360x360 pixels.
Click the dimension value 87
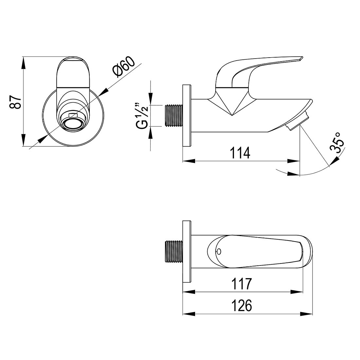[15, 102]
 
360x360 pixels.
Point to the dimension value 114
[240, 153]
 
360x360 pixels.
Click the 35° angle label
[337, 142]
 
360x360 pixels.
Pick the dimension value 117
[242, 284]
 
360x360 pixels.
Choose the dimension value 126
[242, 305]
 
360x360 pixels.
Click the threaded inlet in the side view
[174, 116]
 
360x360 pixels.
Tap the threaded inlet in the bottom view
[174, 252]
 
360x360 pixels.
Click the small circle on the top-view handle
[219, 252]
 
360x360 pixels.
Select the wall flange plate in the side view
[187, 116]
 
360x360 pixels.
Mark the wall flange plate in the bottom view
[187, 252]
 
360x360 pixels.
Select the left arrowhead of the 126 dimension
[189, 314]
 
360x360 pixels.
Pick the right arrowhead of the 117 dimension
[297, 292]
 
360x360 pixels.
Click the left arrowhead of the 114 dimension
[189, 161]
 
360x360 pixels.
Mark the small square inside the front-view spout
[74, 115]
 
